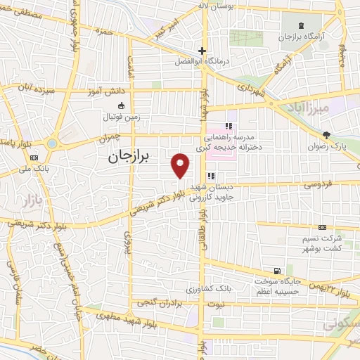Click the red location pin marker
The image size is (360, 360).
click(181, 165)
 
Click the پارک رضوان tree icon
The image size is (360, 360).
click(326, 135)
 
